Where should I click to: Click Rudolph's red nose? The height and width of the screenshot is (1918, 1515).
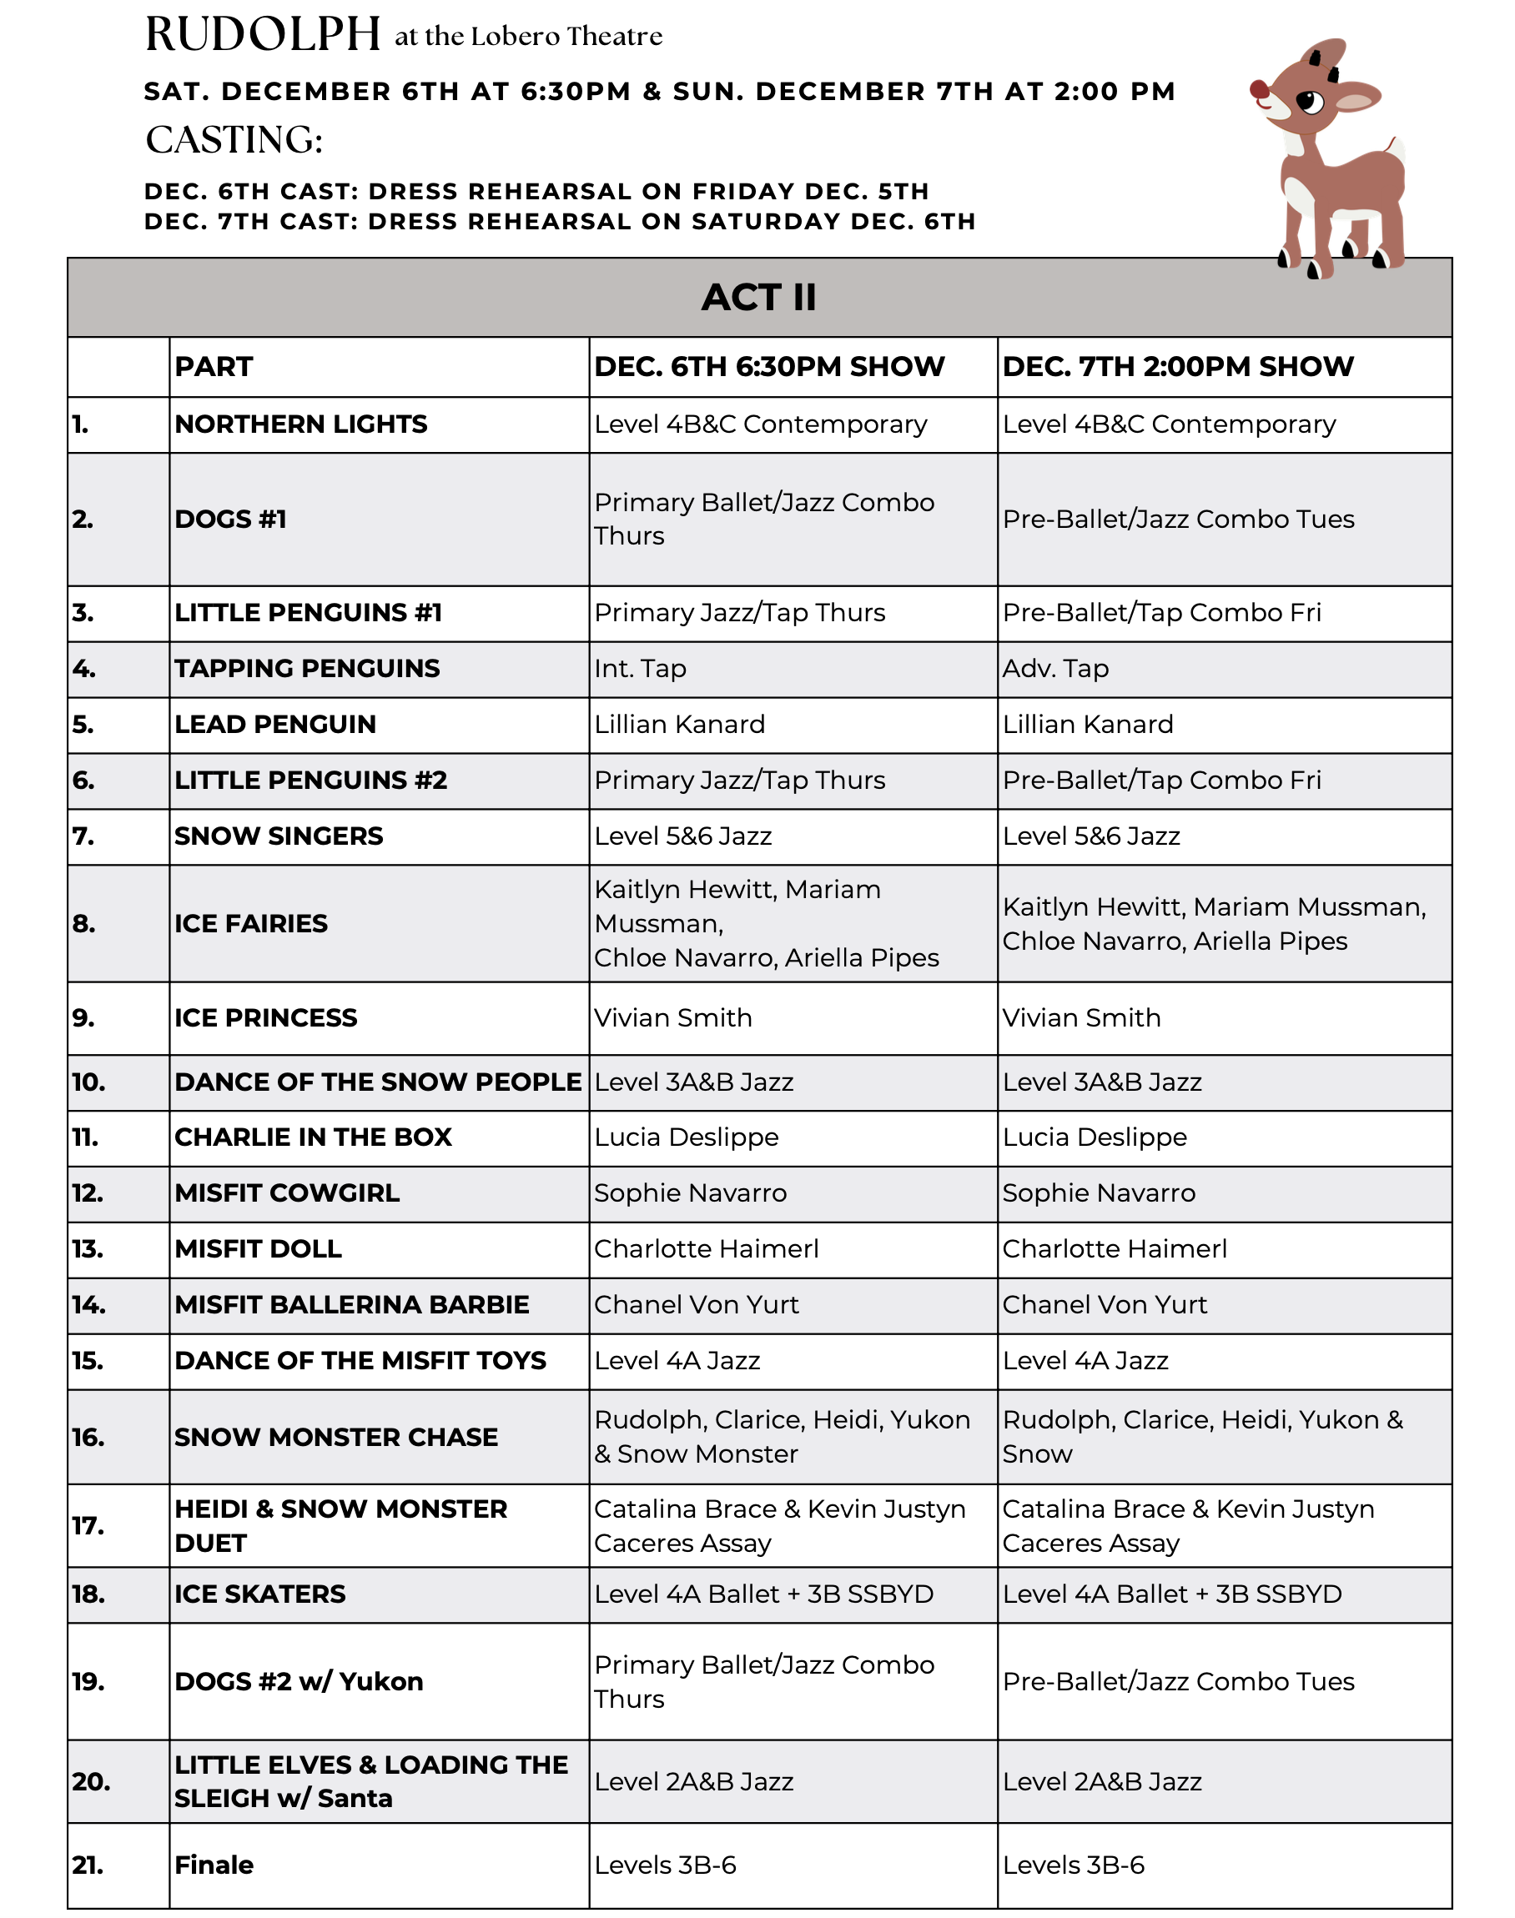pyautogui.click(x=1259, y=89)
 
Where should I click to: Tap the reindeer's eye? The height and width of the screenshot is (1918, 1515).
pyautogui.click(x=1309, y=103)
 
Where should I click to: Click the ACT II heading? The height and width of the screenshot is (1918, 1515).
pyautogui.click(x=758, y=298)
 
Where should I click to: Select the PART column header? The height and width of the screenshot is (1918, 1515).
pyautogui.click(x=214, y=367)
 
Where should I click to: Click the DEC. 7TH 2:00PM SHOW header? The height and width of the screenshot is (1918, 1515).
pyautogui.click(x=1177, y=367)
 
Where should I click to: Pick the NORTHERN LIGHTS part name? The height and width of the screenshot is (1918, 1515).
pyautogui.click(x=300, y=424)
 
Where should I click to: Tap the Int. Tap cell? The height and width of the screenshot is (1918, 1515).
pyautogui.click(x=640, y=669)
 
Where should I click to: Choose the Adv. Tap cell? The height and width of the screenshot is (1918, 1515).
pyautogui.click(x=1054, y=669)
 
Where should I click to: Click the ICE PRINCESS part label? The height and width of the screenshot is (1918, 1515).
pyautogui.click(x=265, y=1018)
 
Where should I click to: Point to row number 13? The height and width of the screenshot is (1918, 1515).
pyautogui.click(x=88, y=1249)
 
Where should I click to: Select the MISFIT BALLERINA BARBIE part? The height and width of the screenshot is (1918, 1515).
pyautogui.click(x=351, y=1305)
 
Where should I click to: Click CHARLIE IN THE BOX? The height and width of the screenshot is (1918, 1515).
pyautogui.click(x=313, y=1137)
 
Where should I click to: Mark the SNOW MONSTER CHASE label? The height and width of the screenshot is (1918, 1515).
pyautogui.click(x=336, y=1438)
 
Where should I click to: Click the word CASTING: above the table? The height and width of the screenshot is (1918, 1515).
pyautogui.click(x=234, y=140)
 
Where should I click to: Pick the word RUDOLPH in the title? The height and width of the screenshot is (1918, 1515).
pyautogui.click(x=263, y=36)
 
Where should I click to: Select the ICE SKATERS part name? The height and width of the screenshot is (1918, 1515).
pyautogui.click(x=260, y=1594)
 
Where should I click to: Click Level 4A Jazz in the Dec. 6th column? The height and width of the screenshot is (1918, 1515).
pyautogui.click(x=677, y=1361)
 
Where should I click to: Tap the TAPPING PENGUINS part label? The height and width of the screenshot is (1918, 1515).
pyautogui.click(x=307, y=669)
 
